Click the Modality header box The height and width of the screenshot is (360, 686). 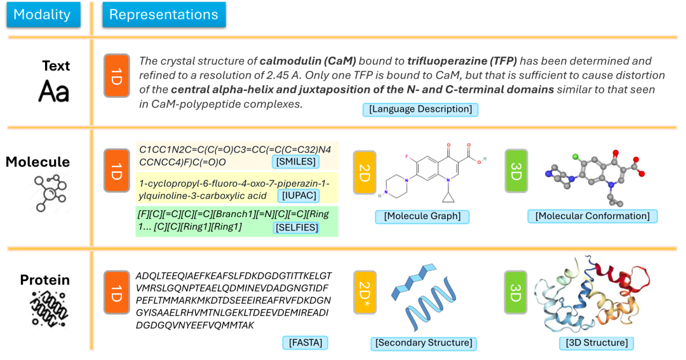(43, 15)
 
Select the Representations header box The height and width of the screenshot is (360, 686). (163, 15)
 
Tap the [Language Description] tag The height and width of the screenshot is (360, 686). (420, 110)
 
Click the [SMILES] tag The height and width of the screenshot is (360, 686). (295, 162)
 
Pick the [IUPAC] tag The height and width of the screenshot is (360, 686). (296, 196)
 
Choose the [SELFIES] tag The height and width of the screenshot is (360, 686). (296, 227)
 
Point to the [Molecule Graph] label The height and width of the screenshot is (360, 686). (422, 217)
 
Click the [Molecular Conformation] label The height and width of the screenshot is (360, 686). (592, 217)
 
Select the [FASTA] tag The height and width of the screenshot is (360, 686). (305, 343)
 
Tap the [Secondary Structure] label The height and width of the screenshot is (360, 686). (423, 343)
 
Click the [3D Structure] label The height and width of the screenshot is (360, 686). (596, 343)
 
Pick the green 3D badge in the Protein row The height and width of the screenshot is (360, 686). (516, 291)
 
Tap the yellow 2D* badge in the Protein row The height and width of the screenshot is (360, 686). (365, 291)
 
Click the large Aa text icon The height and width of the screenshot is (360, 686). (53, 91)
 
